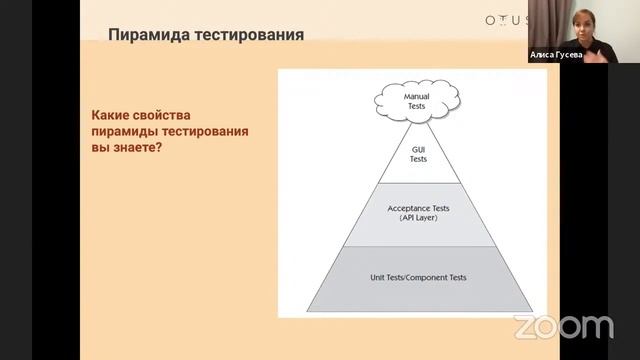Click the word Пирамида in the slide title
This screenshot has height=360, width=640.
pos(150,37)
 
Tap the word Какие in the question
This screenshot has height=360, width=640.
pos(113,116)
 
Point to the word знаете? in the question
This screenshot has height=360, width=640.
pos(136,148)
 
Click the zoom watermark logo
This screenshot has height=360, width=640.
pos(563,326)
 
